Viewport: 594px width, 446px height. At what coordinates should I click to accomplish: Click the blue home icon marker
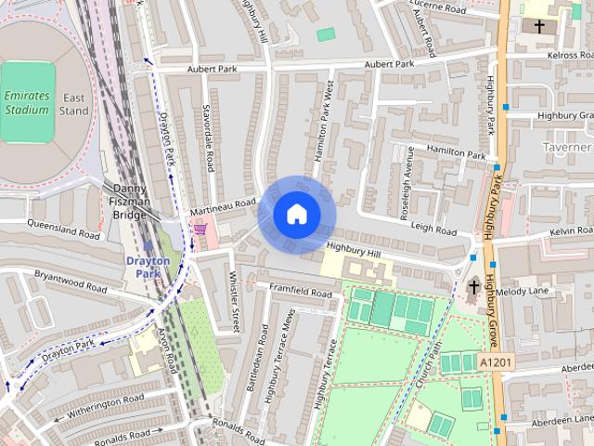coord(296,215)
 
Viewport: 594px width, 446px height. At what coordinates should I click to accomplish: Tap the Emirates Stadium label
coord(26,102)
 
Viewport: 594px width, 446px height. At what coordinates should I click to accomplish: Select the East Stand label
coord(74,104)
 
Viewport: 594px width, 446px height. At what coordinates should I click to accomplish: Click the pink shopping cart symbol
coord(200,229)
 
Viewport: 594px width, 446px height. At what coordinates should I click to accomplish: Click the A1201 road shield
coord(495,361)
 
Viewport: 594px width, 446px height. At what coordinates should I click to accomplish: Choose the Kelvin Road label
coord(569,230)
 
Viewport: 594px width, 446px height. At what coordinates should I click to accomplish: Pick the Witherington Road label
coord(107,405)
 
